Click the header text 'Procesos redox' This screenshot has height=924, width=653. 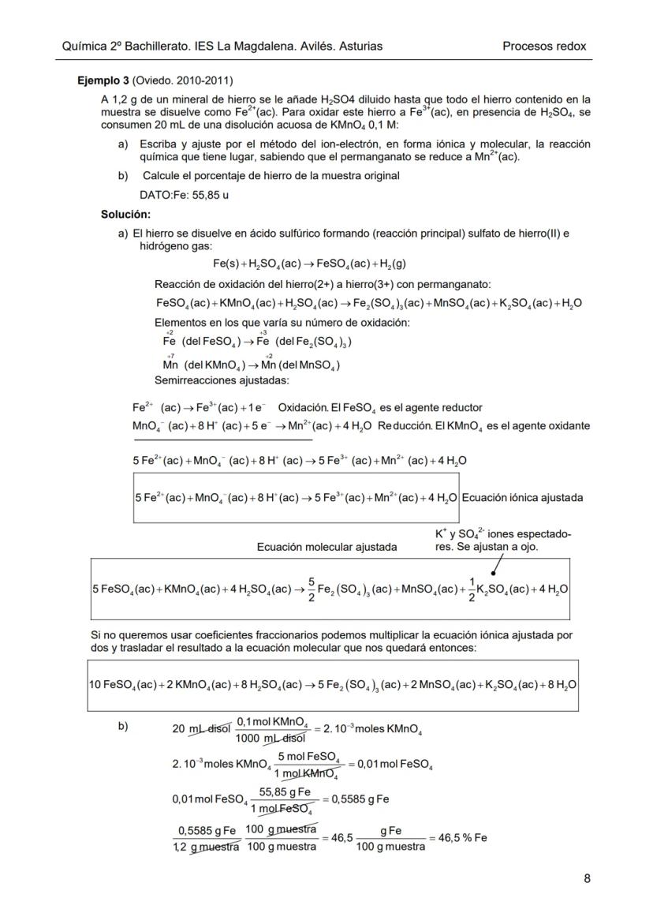click(544, 46)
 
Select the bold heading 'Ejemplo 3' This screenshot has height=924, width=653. click(103, 80)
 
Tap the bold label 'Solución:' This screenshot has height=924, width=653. click(125, 214)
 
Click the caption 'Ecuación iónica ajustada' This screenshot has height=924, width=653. click(522, 498)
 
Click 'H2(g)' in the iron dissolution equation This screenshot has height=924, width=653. click(392, 264)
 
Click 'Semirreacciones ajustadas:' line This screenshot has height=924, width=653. click(222, 380)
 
